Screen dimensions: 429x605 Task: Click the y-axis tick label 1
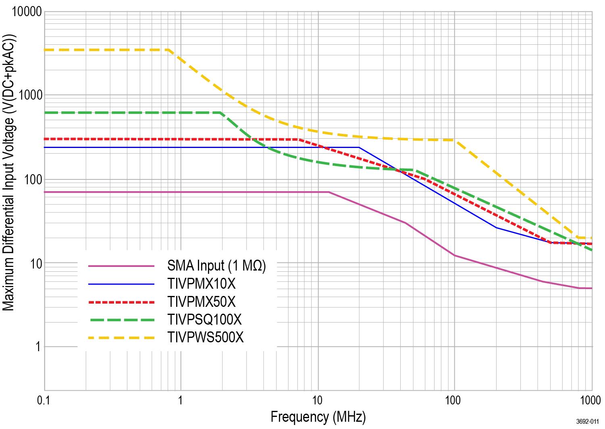click(37, 347)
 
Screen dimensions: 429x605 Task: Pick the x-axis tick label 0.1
click(44, 400)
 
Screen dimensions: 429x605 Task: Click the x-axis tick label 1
click(181, 400)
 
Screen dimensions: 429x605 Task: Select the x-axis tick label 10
click(318, 400)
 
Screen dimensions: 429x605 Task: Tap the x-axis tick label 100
click(454, 400)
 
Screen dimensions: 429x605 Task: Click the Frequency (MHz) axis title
click(318, 417)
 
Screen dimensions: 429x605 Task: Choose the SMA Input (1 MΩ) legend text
click(216, 266)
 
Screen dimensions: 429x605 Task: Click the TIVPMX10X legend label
click(201, 284)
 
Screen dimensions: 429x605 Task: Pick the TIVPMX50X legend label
click(201, 302)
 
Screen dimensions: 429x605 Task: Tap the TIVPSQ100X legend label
click(204, 319)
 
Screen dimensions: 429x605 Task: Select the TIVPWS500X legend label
click(205, 337)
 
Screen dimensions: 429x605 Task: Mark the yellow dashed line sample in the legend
click(121, 337)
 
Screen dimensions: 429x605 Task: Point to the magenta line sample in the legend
click(121, 266)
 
